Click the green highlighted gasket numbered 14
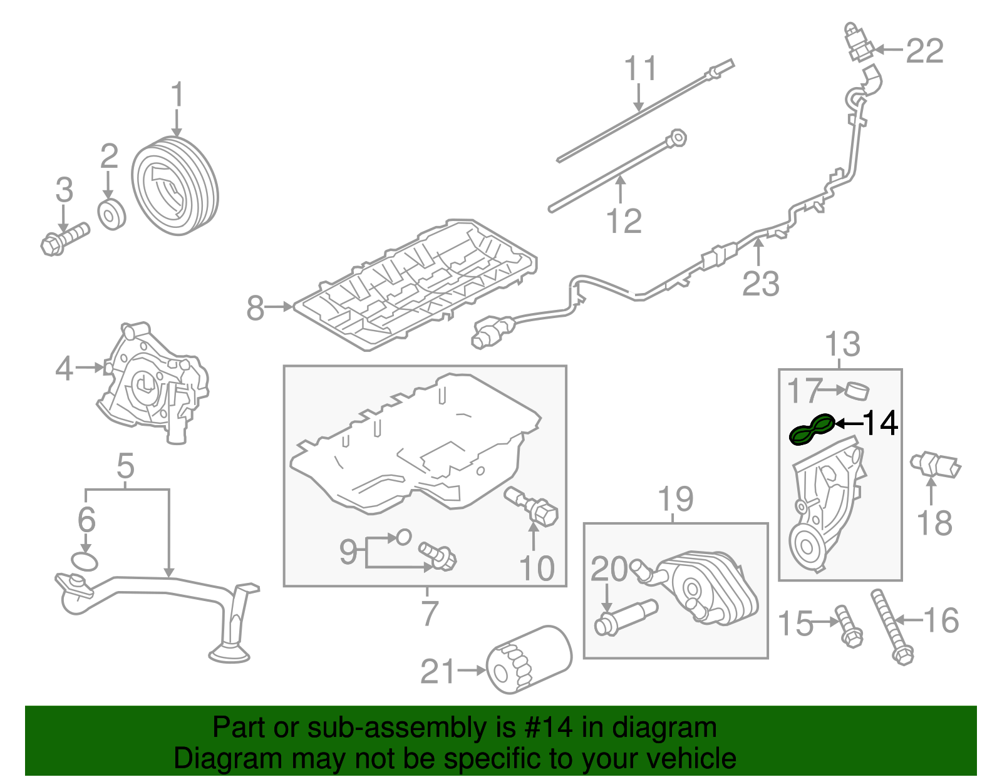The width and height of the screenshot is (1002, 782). pyautogui.click(x=811, y=430)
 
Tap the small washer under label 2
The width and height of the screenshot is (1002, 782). pyautogui.click(x=112, y=215)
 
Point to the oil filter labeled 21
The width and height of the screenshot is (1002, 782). pyautogui.click(x=529, y=660)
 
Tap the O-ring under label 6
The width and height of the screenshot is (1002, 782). pyautogui.click(x=85, y=562)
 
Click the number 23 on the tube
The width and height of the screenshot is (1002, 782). pyautogui.click(x=760, y=283)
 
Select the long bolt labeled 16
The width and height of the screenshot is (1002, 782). pyautogui.click(x=891, y=626)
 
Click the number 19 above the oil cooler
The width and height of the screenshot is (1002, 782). pyautogui.click(x=676, y=499)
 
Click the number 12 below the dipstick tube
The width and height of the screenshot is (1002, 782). pyautogui.click(x=624, y=221)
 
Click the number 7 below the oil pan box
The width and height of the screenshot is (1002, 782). pyautogui.click(x=429, y=613)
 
